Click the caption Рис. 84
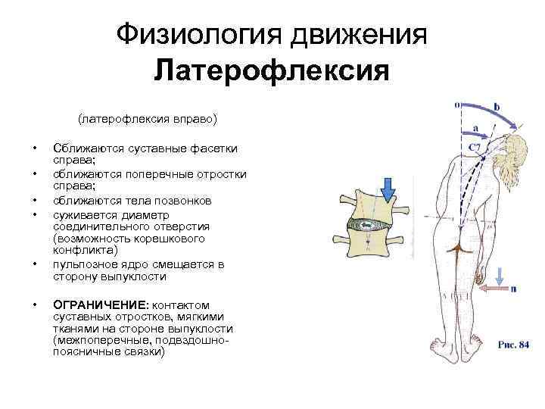[x=512, y=345]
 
